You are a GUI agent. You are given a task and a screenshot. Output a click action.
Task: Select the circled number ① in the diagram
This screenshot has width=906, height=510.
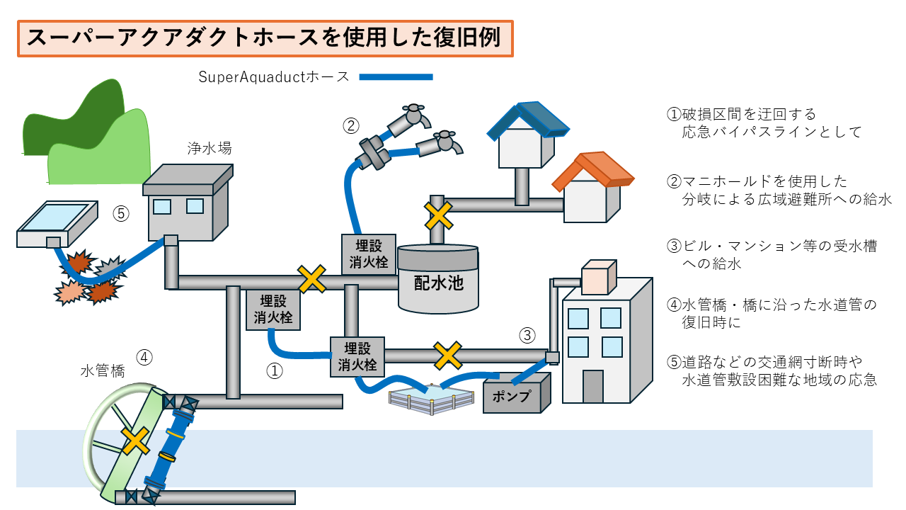pyautogui.click(x=274, y=370)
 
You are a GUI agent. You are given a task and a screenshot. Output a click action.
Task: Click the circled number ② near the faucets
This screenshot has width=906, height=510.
pyautogui.click(x=351, y=126)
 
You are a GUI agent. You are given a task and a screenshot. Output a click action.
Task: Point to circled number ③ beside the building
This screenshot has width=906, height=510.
pyautogui.click(x=527, y=334)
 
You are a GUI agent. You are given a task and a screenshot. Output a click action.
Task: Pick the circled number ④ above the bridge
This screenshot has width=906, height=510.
pyautogui.click(x=144, y=357)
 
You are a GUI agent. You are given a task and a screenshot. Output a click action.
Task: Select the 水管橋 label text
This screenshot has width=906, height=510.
pyautogui.click(x=103, y=371)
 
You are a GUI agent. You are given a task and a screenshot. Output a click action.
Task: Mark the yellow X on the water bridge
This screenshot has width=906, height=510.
pyautogui.click(x=135, y=441)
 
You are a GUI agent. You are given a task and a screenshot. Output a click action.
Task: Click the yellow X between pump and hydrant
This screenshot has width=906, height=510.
pyautogui.click(x=447, y=356)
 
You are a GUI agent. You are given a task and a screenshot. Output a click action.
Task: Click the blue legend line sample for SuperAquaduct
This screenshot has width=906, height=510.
pyautogui.click(x=396, y=76)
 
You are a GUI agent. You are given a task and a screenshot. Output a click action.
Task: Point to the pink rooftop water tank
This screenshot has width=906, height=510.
pyautogui.click(x=597, y=278)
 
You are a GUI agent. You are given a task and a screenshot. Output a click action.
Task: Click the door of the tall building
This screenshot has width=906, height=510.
pyautogui.click(x=592, y=387)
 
